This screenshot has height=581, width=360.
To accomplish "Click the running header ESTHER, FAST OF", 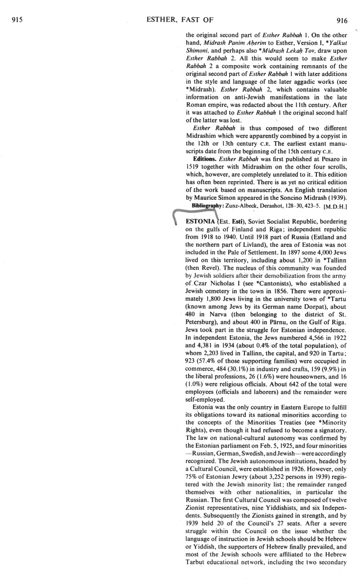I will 179,20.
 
